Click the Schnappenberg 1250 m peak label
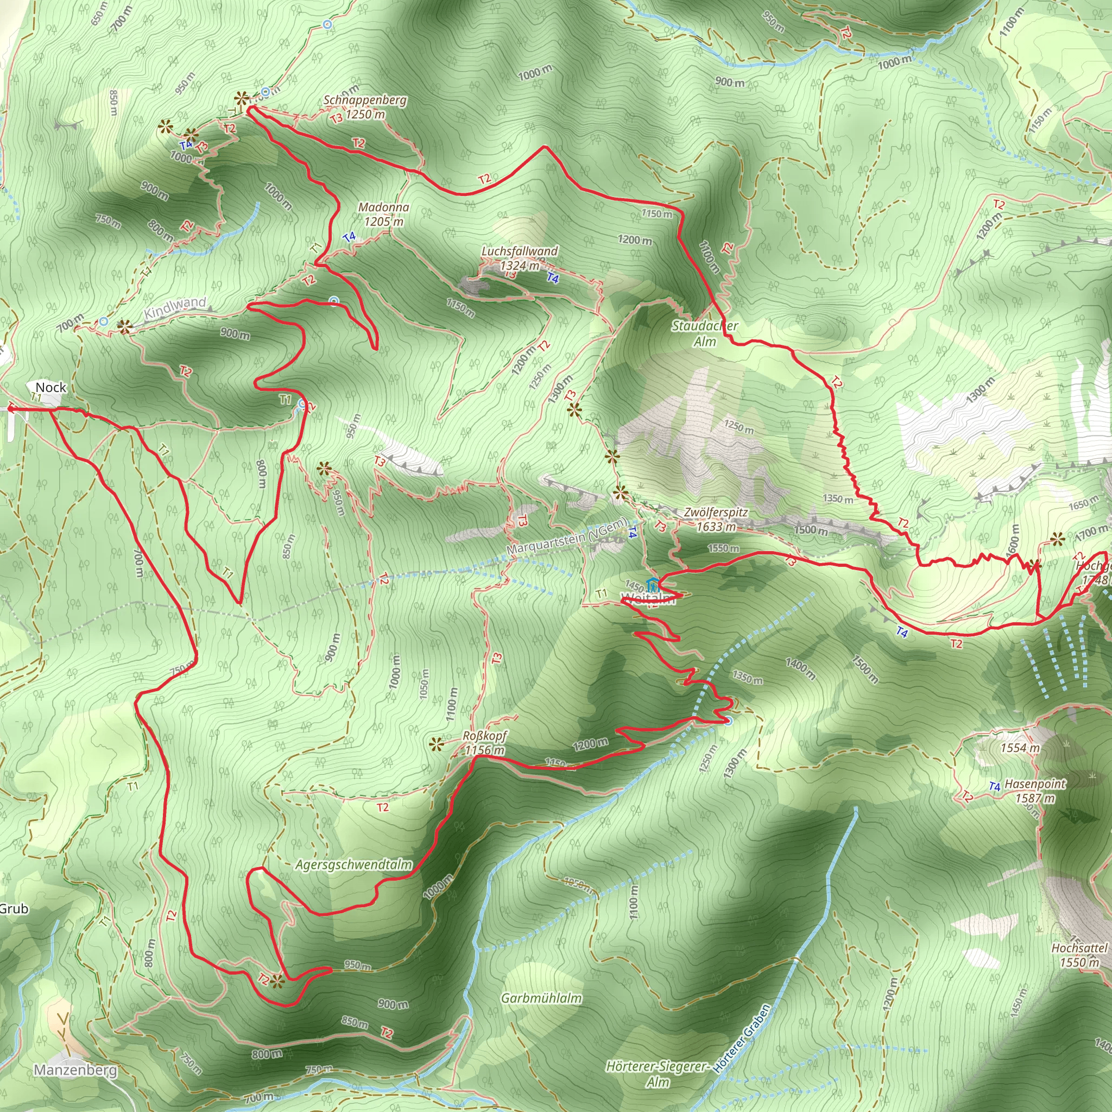(365, 107)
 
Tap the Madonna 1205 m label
(384, 214)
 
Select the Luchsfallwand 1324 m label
(519, 258)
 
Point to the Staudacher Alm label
(704, 334)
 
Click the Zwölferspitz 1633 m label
(716, 519)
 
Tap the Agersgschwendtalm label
(353, 865)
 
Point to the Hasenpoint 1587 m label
(1035, 791)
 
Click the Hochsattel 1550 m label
(1079, 955)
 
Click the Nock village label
(50, 387)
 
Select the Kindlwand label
(175, 308)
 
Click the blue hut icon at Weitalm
(653, 586)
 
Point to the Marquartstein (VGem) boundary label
(567, 537)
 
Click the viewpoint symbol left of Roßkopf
(435, 744)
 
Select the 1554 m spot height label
(1020, 748)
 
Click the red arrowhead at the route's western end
(9, 409)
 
